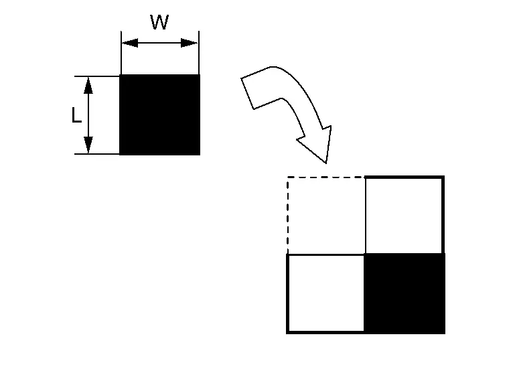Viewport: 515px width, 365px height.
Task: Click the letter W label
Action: (159, 22)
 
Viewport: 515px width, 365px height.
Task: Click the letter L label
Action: (76, 116)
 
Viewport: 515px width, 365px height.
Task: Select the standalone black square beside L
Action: (160, 115)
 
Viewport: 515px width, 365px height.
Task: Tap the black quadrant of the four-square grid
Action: (404, 293)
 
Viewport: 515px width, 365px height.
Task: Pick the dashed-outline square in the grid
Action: (326, 215)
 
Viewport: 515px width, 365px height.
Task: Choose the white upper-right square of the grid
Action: (404, 215)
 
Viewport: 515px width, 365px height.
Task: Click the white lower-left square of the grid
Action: (325, 293)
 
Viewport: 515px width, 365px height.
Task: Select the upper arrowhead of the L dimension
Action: (88, 84)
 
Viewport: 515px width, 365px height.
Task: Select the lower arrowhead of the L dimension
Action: (88, 145)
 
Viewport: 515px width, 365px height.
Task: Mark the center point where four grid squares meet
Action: (365, 254)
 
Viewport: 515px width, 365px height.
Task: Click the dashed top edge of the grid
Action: (326, 177)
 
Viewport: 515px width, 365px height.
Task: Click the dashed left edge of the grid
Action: (287, 215)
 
